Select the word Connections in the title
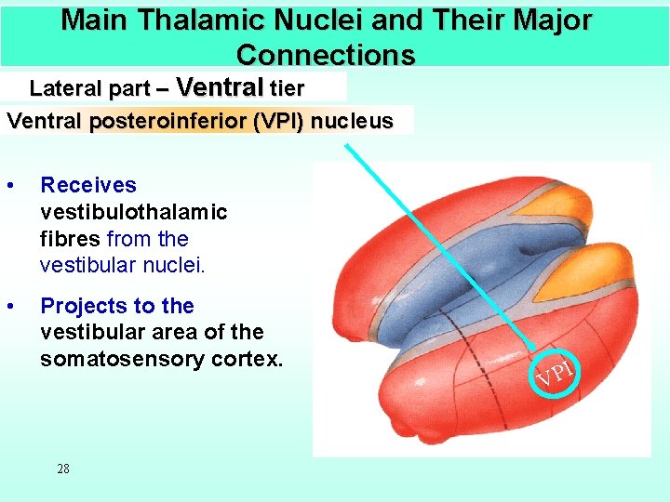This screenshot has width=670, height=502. click(x=326, y=55)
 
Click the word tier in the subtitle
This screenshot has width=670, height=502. click(x=287, y=89)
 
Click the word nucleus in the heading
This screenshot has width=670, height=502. click(x=352, y=121)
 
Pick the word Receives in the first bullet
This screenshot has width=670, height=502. click(x=88, y=186)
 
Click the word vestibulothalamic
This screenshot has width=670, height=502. click(x=133, y=212)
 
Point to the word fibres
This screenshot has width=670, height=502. click(x=71, y=239)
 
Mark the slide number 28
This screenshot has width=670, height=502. click(x=63, y=469)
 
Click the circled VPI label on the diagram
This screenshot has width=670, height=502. click(x=554, y=374)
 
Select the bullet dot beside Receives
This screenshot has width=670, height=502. click(x=9, y=186)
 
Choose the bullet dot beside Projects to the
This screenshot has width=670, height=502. click(x=9, y=307)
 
